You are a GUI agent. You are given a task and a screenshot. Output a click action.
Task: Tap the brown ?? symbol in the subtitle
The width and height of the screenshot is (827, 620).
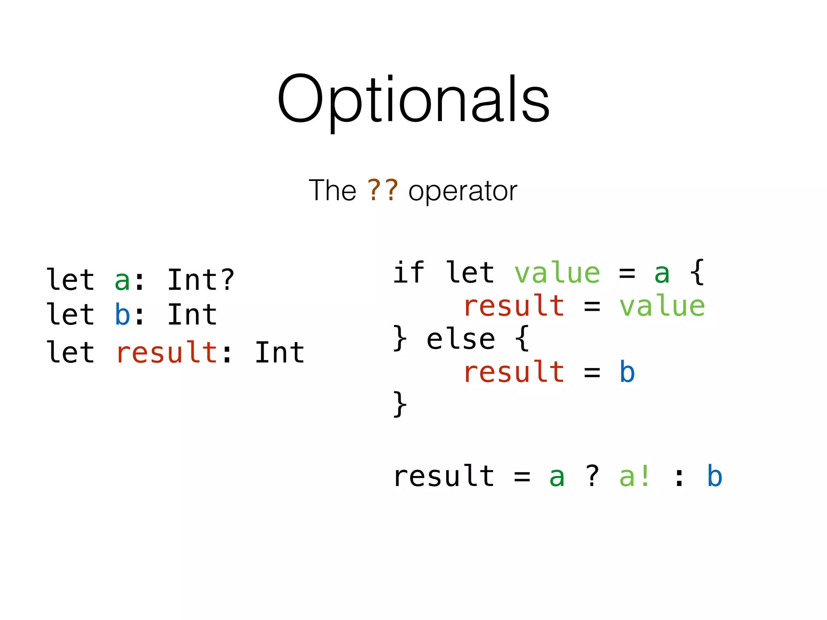[x=382, y=191]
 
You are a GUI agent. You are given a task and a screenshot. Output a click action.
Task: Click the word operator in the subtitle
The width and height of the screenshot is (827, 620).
[x=463, y=191]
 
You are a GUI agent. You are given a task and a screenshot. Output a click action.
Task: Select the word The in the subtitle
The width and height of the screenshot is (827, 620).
[x=332, y=191]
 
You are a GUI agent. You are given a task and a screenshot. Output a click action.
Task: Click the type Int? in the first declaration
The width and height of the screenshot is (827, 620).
[x=201, y=279]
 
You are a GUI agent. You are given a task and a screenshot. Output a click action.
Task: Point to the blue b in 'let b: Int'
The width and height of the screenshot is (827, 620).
[x=122, y=314]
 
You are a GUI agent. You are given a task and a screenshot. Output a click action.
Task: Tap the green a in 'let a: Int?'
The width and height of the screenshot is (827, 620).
[x=122, y=281]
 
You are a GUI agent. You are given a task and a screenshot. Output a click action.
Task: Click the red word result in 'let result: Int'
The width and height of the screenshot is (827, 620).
[x=167, y=352]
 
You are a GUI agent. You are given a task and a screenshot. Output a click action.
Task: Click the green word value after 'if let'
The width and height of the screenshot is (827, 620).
[x=557, y=273]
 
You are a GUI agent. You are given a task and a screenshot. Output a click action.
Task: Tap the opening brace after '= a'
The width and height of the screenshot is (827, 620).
[x=697, y=272]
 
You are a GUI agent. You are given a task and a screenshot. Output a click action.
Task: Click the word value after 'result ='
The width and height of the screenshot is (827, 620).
[x=662, y=306]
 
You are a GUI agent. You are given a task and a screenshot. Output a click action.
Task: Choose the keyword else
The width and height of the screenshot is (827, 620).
[x=461, y=339]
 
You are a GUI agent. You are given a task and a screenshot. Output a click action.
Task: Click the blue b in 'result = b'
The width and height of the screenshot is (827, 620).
[x=627, y=372]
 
